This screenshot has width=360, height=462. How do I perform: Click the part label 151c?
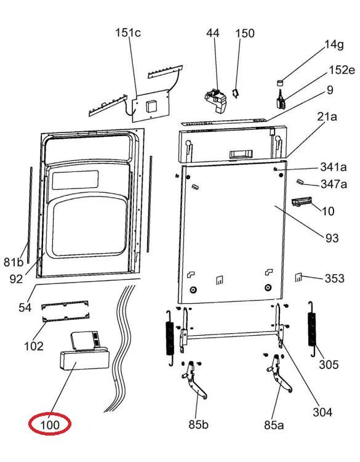click(x=128, y=33)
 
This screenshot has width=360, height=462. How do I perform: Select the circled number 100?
click(x=50, y=425)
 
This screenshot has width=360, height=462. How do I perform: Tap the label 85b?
click(x=198, y=424)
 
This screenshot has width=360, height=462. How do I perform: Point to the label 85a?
click(x=274, y=425)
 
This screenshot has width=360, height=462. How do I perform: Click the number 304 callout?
click(x=322, y=412)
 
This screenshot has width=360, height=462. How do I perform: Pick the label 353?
click(x=334, y=278)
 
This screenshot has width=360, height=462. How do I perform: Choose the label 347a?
click(x=334, y=184)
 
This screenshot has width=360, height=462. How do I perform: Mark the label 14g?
click(x=334, y=45)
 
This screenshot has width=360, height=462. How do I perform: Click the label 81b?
click(x=14, y=262)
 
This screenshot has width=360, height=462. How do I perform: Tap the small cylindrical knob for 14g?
click(x=279, y=82)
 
